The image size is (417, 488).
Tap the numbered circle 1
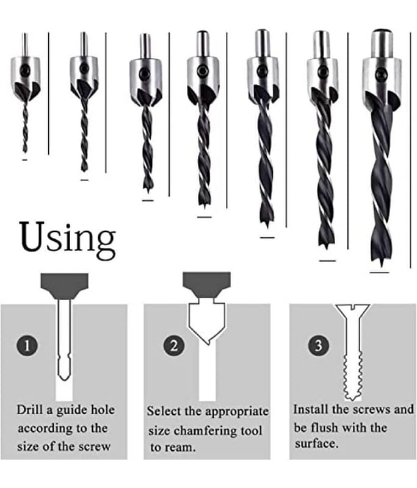tap(27, 345)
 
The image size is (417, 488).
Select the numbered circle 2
tap(174, 345)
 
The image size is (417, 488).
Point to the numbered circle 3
tap(318, 345)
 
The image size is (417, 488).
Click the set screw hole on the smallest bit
tap(25, 70)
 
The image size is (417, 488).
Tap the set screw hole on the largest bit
tap(380, 74)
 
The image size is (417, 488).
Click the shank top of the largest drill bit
tap(382, 31)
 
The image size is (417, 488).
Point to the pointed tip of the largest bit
tap(381, 265)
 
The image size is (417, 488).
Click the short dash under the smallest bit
tap(25, 160)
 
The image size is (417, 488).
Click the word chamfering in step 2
tap(206, 431)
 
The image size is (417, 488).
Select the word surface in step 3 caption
tap(316, 443)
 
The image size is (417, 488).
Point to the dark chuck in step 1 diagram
tap(65, 286)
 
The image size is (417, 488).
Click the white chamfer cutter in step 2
tap(206, 323)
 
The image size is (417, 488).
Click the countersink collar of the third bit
tap(146, 82)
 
